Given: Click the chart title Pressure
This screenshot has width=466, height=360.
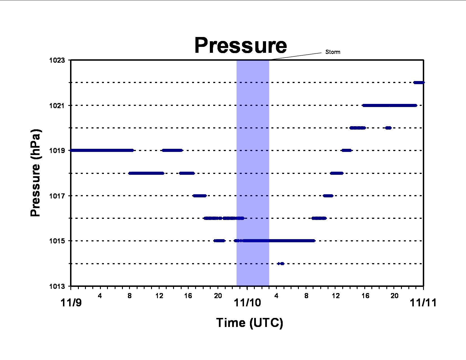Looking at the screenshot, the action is click(240, 45).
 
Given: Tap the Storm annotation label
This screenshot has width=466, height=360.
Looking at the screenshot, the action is click(333, 52).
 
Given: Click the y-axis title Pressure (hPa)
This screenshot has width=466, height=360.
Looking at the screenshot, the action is click(35, 173).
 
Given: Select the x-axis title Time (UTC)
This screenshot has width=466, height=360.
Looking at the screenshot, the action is click(250, 323).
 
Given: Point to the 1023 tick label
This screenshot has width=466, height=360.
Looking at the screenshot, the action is click(57, 60).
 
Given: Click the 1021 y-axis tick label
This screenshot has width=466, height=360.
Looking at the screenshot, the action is click(57, 106).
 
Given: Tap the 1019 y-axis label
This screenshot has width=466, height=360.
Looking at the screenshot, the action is click(57, 150).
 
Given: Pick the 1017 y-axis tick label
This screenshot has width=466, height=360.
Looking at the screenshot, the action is click(57, 196).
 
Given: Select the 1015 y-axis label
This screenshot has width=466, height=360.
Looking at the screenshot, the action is click(57, 241).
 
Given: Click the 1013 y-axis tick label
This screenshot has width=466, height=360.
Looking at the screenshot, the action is click(57, 286).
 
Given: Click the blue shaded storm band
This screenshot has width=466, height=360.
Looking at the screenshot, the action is click(253, 173).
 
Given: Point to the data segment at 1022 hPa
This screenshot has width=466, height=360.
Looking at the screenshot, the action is click(419, 82).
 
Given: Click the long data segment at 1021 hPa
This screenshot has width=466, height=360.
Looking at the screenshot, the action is click(390, 106).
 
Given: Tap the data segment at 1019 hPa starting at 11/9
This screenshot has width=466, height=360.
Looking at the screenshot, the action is click(102, 150).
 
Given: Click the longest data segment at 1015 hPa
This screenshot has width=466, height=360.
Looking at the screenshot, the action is click(275, 241).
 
